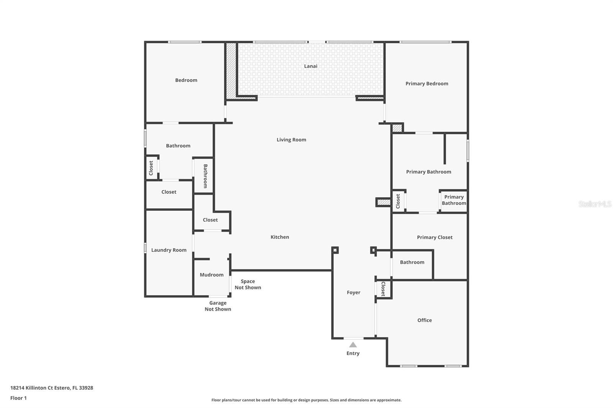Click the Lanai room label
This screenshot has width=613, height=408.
point(311,66)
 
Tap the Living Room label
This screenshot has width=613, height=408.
point(291,140)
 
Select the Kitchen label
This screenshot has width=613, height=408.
point(280,237)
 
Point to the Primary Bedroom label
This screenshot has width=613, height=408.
point(427,84)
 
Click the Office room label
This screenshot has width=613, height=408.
point(425,320)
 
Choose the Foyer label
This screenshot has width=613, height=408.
point(354,292)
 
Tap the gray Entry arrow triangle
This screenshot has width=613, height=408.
point(353,345)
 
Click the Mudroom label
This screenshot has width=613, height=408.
point(211,275)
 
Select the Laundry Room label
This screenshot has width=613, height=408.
point(169,250)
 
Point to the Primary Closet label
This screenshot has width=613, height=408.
point(434,237)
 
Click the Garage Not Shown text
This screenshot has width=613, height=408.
point(218,306)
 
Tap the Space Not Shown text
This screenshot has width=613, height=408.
point(247,284)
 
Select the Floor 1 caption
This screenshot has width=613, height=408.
point(18,398)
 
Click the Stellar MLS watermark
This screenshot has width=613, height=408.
point(595,204)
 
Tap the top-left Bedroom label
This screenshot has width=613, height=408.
point(186,80)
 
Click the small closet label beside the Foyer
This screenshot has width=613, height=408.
point(384,289)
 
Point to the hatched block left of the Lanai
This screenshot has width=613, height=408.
point(231,70)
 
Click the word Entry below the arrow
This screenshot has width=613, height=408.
point(353,353)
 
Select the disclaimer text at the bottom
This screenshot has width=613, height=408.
point(306,400)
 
